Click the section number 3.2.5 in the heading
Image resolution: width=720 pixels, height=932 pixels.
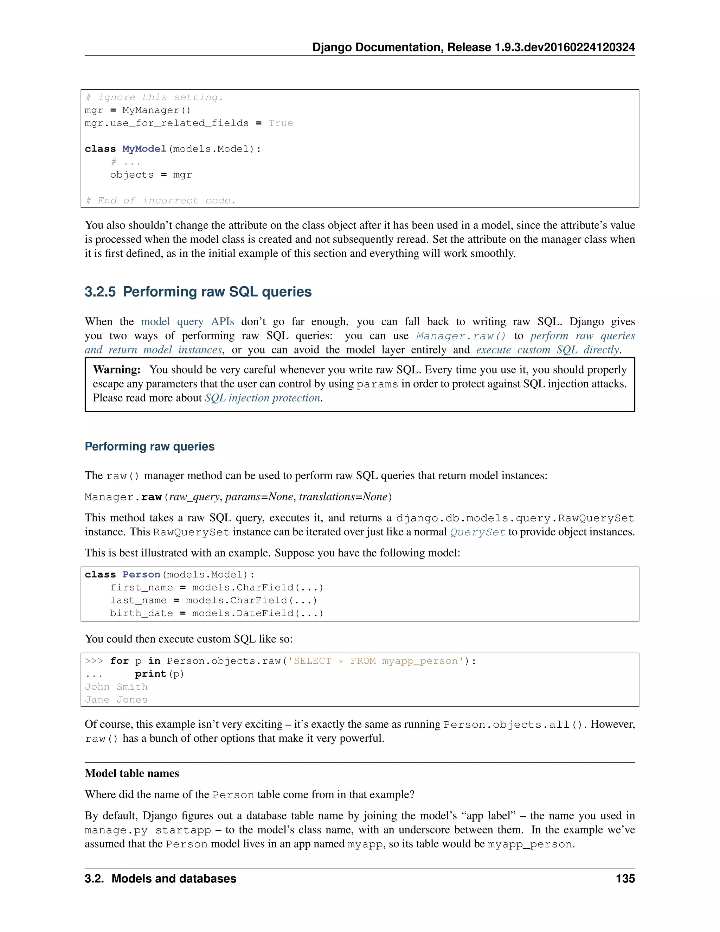pos(100,292)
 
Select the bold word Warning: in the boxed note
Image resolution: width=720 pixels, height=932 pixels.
pos(116,370)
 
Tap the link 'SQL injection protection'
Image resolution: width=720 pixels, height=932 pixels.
pos(263,398)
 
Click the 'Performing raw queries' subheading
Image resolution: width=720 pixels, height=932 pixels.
pos(149,446)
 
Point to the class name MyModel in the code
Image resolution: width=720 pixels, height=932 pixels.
pos(144,149)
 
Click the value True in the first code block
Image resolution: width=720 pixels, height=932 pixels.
pos(280,123)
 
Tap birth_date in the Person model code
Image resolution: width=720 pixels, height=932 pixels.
pos(141,613)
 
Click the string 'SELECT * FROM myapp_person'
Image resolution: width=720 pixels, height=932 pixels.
pos(376,661)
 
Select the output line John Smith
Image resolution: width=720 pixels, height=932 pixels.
pos(116,687)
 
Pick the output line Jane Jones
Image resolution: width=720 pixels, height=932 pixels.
pos(116,700)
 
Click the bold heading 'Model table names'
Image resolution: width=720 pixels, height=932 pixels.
pos(132,773)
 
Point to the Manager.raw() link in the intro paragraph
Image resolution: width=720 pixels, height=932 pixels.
pos(461,336)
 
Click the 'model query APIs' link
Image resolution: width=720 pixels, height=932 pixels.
pos(187,321)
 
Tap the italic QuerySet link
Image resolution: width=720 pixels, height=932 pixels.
pos(478,532)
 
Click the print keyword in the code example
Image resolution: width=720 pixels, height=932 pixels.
pos(150,674)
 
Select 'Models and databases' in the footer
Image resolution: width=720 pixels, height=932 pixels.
pos(174,879)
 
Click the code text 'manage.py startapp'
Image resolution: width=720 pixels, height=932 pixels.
pos(148,830)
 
